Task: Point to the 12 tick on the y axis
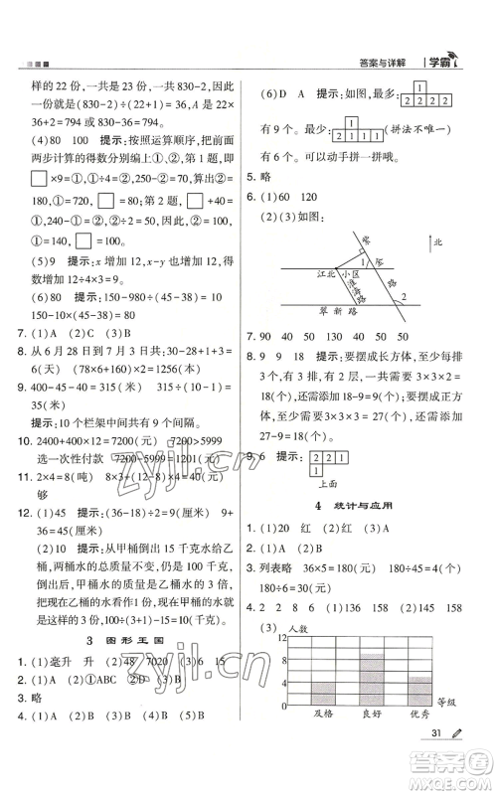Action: (281, 663)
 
